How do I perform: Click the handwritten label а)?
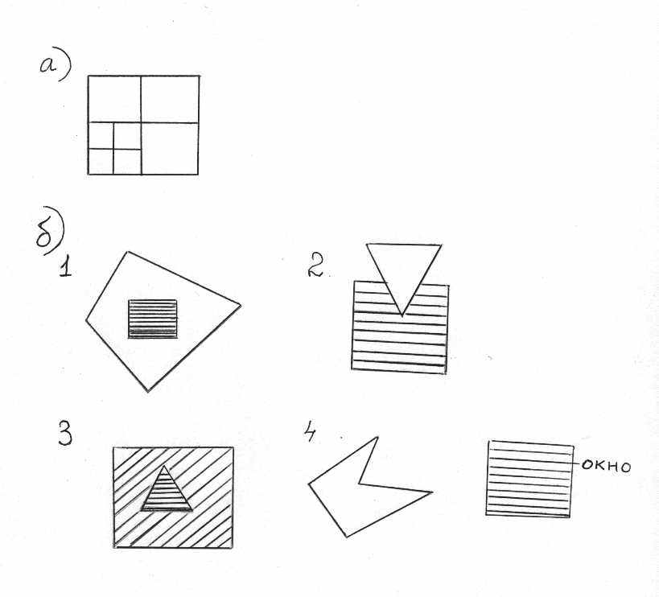(55, 68)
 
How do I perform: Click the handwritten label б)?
(50, 231)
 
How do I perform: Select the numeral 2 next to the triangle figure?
(315, 264)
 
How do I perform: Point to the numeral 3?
(64, 433)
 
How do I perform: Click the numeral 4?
(310, 432)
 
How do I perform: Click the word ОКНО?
(607, 467)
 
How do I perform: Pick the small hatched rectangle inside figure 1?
(153, 319)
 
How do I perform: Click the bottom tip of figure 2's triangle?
(402, 315)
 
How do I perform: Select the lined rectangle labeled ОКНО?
(529, 479)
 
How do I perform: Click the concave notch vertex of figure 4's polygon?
(359, 484)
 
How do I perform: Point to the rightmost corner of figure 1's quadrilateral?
(241, 305)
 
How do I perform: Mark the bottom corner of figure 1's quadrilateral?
(148, 391)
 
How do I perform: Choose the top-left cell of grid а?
(114, 99)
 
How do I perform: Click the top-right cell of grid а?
(170, 99)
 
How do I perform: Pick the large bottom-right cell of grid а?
(170, 149)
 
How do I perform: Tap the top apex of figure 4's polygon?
(377, 438)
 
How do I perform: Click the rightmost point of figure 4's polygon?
(431, 492)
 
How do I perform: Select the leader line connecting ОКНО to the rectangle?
(577, 463)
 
